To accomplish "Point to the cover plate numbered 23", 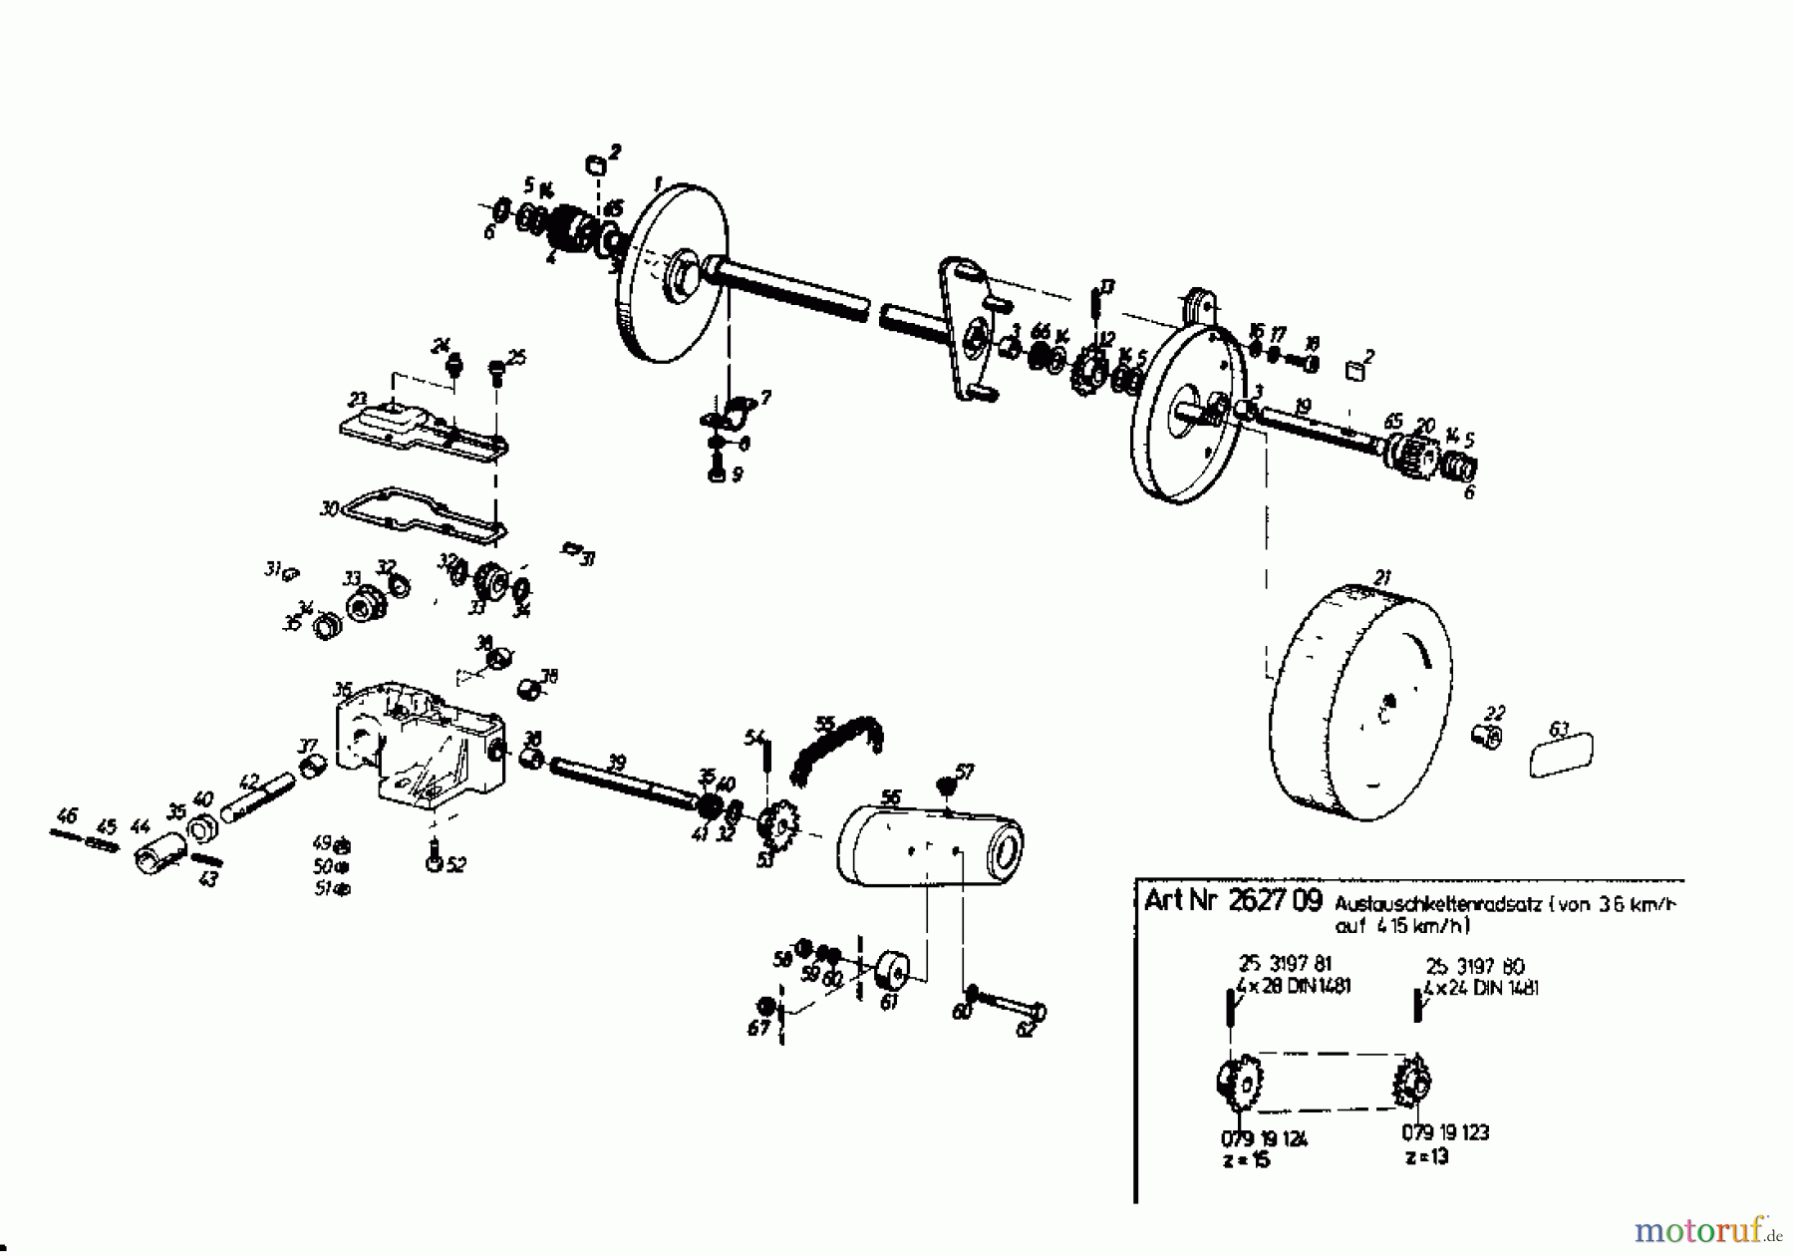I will click(x=424, y=430).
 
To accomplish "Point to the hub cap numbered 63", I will click(x=1561, y=754).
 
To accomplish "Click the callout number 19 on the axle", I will click(x=1302, y=406).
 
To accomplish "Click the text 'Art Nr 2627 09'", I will click(x=1233, y=900).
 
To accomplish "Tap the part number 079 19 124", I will click(x=1264, y=1138).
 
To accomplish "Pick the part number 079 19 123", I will click(x=1445, y=1132).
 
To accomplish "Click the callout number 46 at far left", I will click(x=67, y=816).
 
